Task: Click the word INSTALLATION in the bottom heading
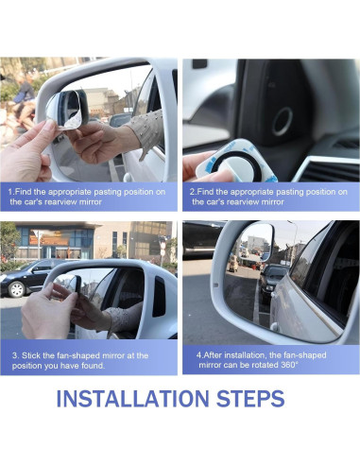click(x=132, y=398)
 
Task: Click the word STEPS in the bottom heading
click(x=250, y=398)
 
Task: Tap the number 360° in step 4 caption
click(x=289, y=365)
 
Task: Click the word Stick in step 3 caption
click(x=31, y=355)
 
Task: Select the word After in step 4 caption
click(x=214, y=355)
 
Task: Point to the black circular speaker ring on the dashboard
click(x=283, y=121)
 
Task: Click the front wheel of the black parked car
click(x=16, y=288)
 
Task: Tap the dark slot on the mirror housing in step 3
click(x=159, y=297)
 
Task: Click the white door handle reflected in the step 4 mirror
click(x=274, y=326)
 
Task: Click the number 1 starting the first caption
click(x=10, y=192)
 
